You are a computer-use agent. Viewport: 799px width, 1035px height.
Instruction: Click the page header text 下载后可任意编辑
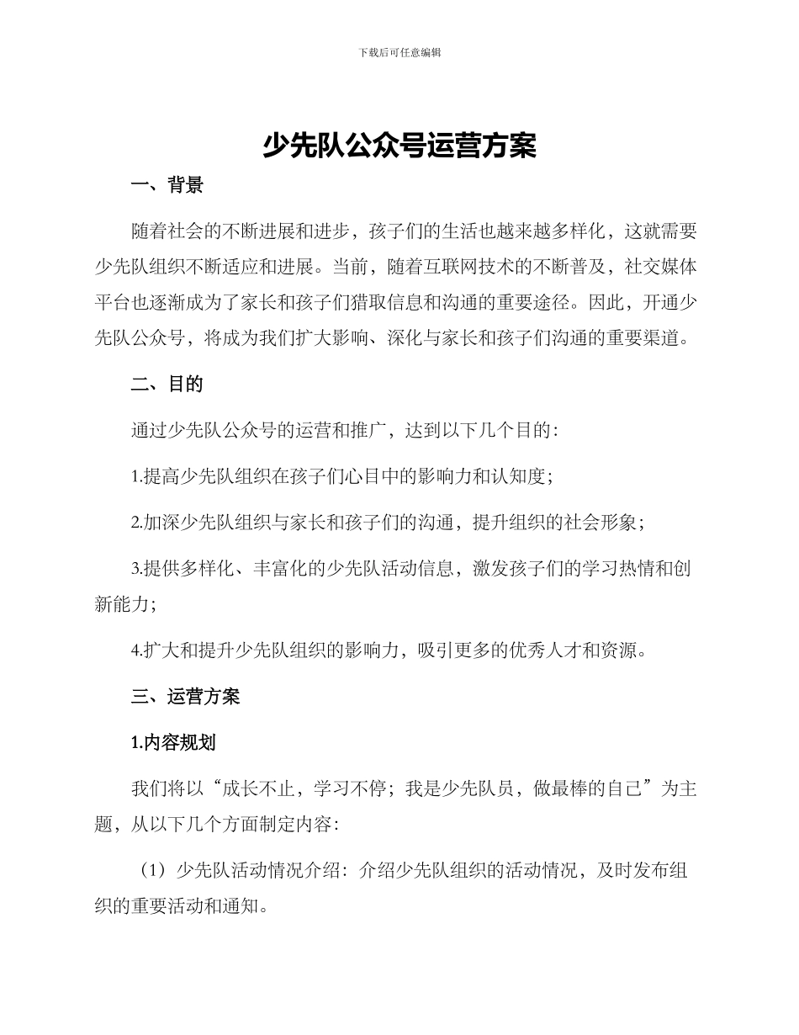click(x=399, y=52)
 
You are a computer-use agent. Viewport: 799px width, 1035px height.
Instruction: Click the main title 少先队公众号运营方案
click(x=399, y=146)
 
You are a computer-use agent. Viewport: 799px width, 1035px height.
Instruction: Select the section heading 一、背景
click(x=167, y=186)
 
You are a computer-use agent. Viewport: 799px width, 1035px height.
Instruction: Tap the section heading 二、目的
click(x=167, y=384)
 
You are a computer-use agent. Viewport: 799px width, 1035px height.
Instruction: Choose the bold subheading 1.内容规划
click(x=173, y=742)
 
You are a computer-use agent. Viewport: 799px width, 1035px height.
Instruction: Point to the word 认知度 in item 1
click(x=522, y=476)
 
